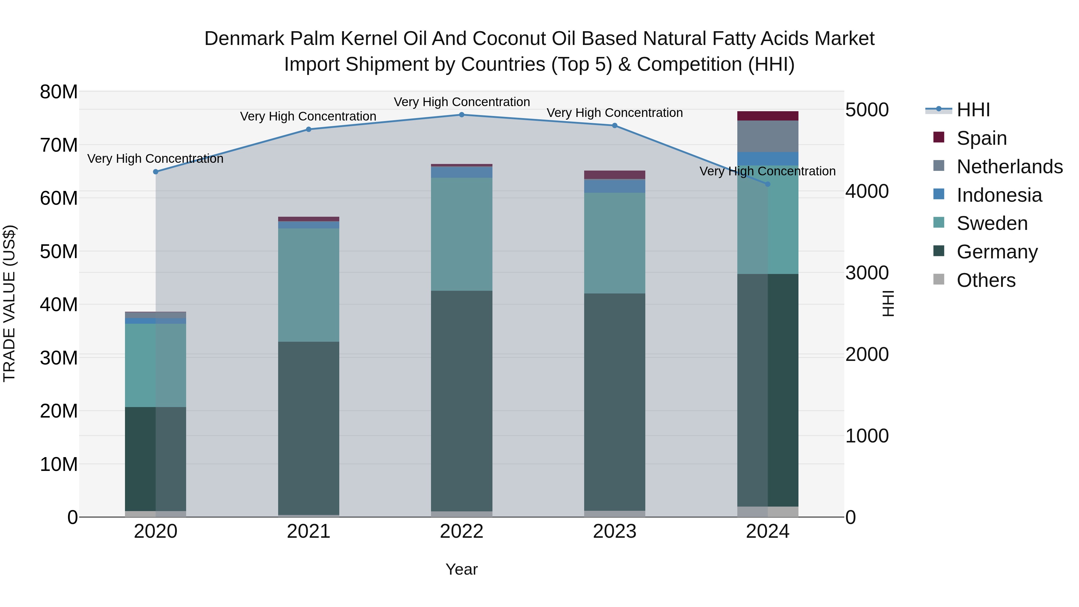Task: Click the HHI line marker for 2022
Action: (x=462, y=115)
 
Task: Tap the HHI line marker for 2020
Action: (x=156, y=172)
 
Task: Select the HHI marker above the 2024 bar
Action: (x=768, y=184)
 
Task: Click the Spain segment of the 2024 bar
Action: (x=768, y=116)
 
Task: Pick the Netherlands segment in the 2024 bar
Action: (x=768, y=136)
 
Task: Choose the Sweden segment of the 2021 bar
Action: (x=309, y=285)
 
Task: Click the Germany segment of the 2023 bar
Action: (x=614, y=402)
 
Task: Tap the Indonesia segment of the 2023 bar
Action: (x=614, y=186)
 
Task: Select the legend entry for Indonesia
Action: (x=999, y=195)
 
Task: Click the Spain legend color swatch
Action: (x=939, y=137)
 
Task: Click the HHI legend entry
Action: (x=973, y=110)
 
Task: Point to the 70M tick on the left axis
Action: (x=59, y=145)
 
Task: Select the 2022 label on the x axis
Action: (x=462, y=531)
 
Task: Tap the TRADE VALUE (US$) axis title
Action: (x=9, y=304)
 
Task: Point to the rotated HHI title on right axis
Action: (x=887, y=304)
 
